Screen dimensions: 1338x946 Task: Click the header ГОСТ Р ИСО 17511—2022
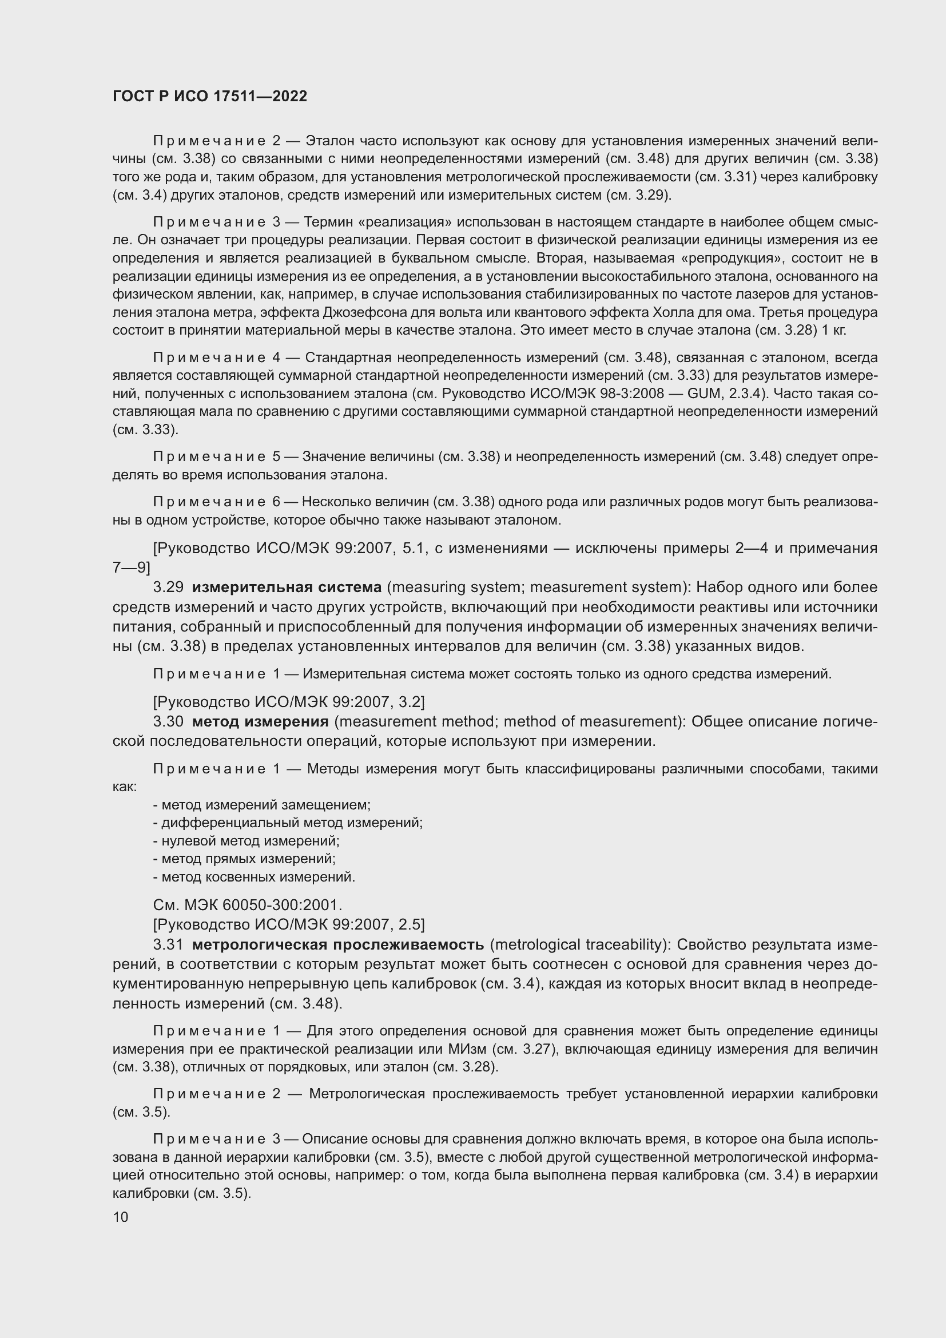point(210,97)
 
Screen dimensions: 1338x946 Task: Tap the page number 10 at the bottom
point(121,1217)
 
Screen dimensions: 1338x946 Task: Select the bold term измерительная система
point(287,587)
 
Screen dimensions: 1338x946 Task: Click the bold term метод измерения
point(260,722)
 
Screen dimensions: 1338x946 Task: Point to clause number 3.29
point(168,587)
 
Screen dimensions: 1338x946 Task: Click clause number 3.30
point(168,722)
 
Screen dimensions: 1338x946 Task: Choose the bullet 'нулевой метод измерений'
point(247,841)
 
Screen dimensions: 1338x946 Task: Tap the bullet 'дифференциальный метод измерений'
point(288,823)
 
